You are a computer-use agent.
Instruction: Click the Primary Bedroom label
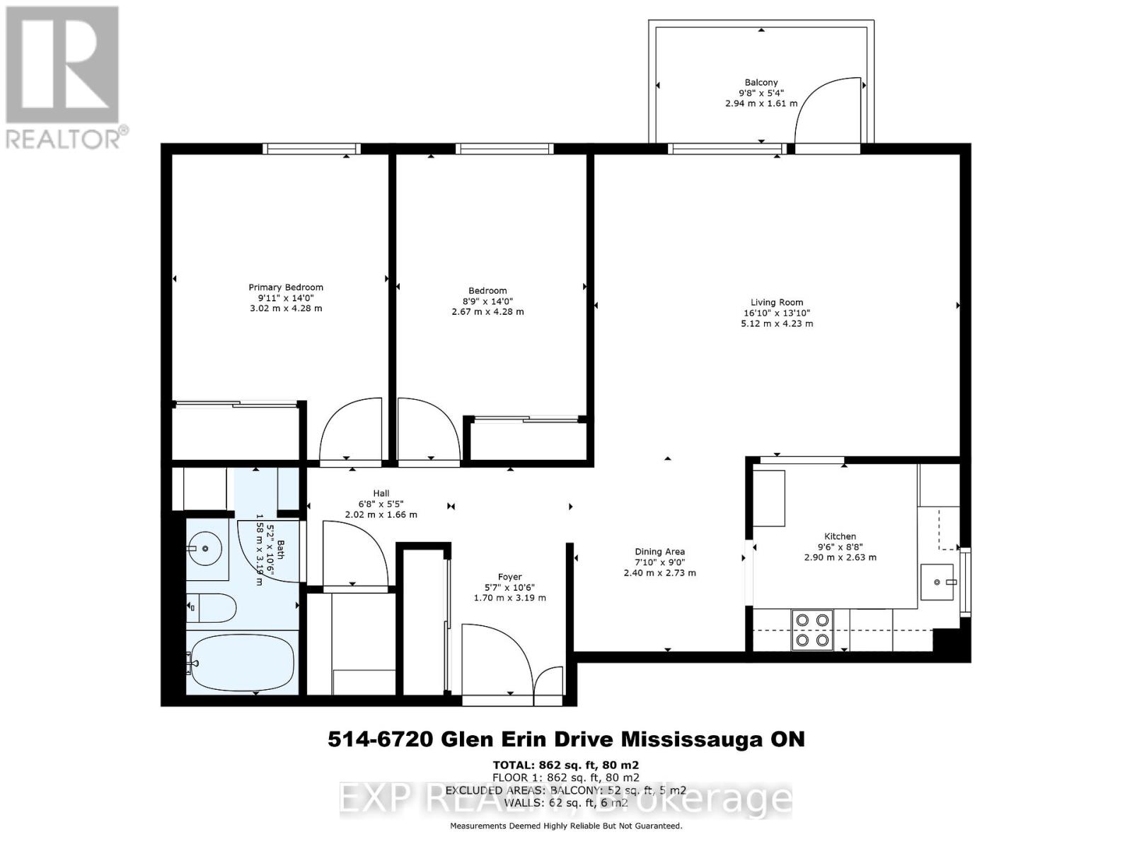point(285,287)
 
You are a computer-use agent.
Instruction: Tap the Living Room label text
point(777,302)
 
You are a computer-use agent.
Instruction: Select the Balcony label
point(761,83)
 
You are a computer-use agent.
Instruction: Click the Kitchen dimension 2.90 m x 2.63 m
point(840,558)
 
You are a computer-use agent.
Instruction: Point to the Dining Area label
point(659,552)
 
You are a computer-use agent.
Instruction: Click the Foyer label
point(509,577)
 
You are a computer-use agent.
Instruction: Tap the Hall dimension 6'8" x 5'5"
point(381,504)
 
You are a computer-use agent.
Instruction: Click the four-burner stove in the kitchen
point(812,630)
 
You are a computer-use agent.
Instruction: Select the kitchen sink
point(939,582)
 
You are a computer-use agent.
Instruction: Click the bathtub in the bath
point(241,664)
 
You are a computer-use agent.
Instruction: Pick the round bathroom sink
point(205,548)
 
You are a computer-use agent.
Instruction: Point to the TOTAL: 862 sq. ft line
point(565,765)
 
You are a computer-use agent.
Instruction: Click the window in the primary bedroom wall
point(311,149)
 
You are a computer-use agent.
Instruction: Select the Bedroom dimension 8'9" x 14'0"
point(487,301)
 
